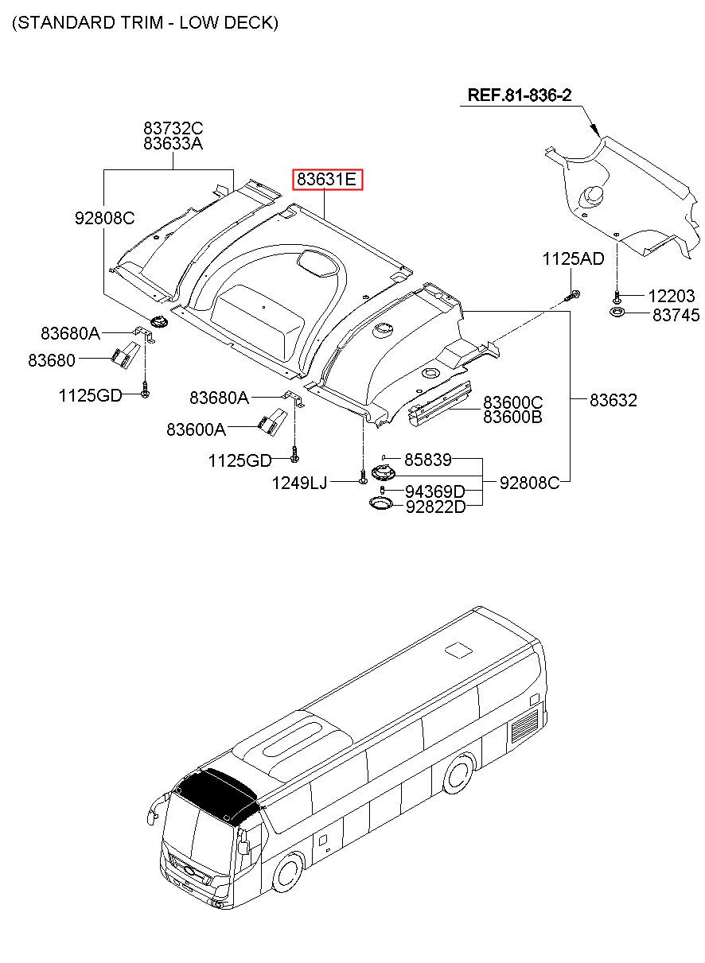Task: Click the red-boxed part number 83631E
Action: tap(328, 181)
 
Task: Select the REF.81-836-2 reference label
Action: tap(519, 95)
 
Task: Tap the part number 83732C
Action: tap(173, 128)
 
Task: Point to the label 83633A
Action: tap(173, 144)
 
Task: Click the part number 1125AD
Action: tap(573, 258)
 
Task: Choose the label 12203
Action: tap(671, 297)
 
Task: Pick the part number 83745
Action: tap(676, 316)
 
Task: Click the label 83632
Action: tap(613, 401)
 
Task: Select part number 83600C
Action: tap(513, 402)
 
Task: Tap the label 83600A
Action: tap(196, 429)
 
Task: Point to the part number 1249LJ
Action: tap(299, 482)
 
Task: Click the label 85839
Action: tap(428, 460)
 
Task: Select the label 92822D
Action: tap(434, 507)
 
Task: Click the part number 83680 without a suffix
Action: tap(52, 360)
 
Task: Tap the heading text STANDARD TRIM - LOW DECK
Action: tap(145, 23)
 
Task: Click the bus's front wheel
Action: tap(287, 874)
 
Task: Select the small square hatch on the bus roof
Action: tap(459, 650)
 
